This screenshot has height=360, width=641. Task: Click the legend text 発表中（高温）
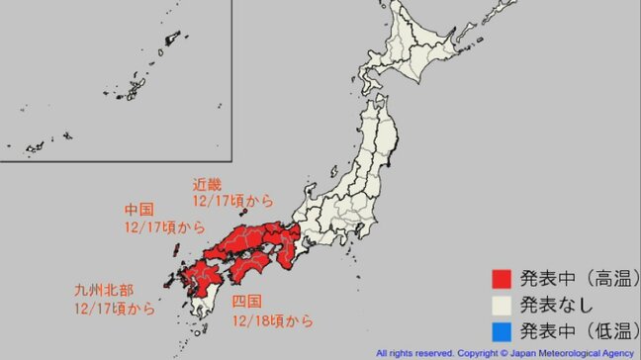pos(575,277)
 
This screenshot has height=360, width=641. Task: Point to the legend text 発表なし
pos(554,304)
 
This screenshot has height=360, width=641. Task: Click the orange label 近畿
pos(209,185)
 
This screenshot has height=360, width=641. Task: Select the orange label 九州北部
pos(101,292)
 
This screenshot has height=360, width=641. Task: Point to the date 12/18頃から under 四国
pos(273,320)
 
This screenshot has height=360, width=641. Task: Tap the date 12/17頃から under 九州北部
pos(114,309)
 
